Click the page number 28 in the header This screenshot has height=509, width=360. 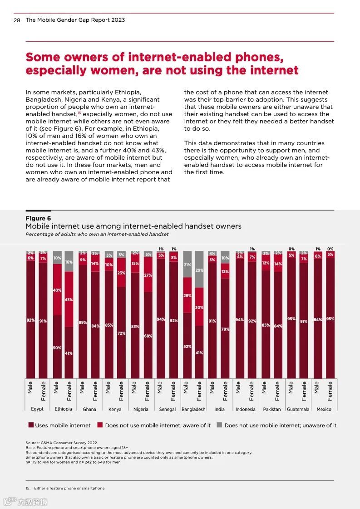point(17,20)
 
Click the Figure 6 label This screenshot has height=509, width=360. point(38,218)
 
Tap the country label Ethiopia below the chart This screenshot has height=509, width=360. point(63,409)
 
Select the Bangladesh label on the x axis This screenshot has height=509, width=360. point(193,409)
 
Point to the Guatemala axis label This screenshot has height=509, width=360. point(298,409)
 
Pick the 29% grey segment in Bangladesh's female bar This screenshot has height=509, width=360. point(199,270)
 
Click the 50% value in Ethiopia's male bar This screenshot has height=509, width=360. point(57,347)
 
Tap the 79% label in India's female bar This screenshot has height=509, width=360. point(225,329)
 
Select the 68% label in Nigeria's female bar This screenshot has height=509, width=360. point(148,336)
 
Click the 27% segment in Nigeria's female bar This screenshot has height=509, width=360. point(148,275)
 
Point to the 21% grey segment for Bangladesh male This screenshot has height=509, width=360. point(187,264)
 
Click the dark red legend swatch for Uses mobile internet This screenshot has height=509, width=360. point(31,426)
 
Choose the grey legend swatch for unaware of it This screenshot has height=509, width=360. point(219,426)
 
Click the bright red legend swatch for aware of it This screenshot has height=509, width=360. point(100,426)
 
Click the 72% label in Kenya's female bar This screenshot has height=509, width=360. point(121,333)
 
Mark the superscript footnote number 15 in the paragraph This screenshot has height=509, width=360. point(79,113)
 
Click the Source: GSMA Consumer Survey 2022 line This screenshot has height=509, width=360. point(61,443)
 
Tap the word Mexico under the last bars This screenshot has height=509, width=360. point(324,409)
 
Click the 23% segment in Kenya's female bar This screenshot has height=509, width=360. point(121,273)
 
